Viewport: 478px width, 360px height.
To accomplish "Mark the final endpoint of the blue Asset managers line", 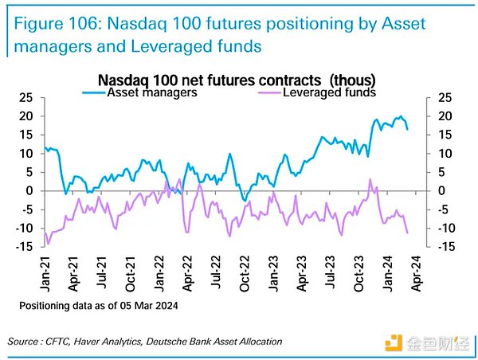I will click(x=408, y=129).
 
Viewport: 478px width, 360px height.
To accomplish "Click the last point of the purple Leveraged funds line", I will click(x=408, y=233).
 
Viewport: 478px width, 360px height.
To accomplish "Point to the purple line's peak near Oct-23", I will click(x=370, y=179).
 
